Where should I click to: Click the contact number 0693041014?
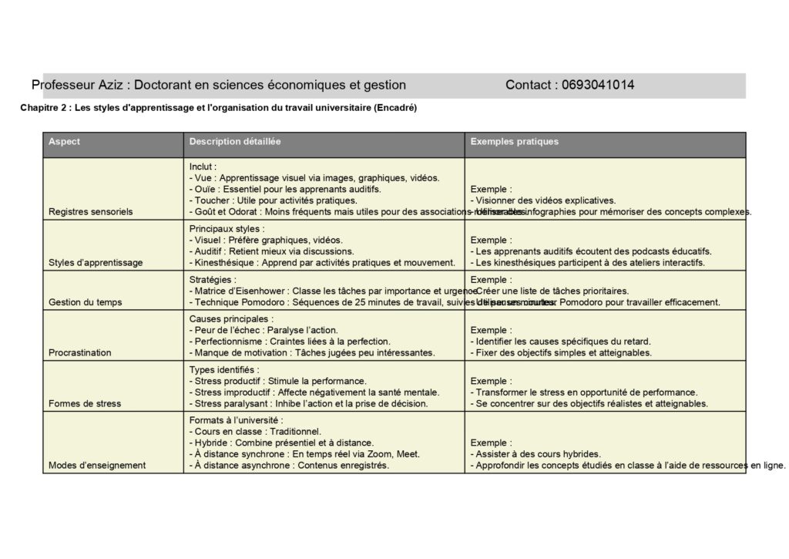[x=598, y=85]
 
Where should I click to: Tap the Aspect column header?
[x=64, y=142]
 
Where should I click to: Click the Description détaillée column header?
[x=235, y=142]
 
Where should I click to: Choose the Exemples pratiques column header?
[x=514, y=142]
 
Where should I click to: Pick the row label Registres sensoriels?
[x=90, y=211]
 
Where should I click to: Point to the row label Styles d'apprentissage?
[x=95, y=263]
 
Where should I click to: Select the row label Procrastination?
[x=79, y=353]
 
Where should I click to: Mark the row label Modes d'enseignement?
[x=97, y=466]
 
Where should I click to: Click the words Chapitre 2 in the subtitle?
[x=42, y=109]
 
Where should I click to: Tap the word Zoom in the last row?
[x=371, y=454]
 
